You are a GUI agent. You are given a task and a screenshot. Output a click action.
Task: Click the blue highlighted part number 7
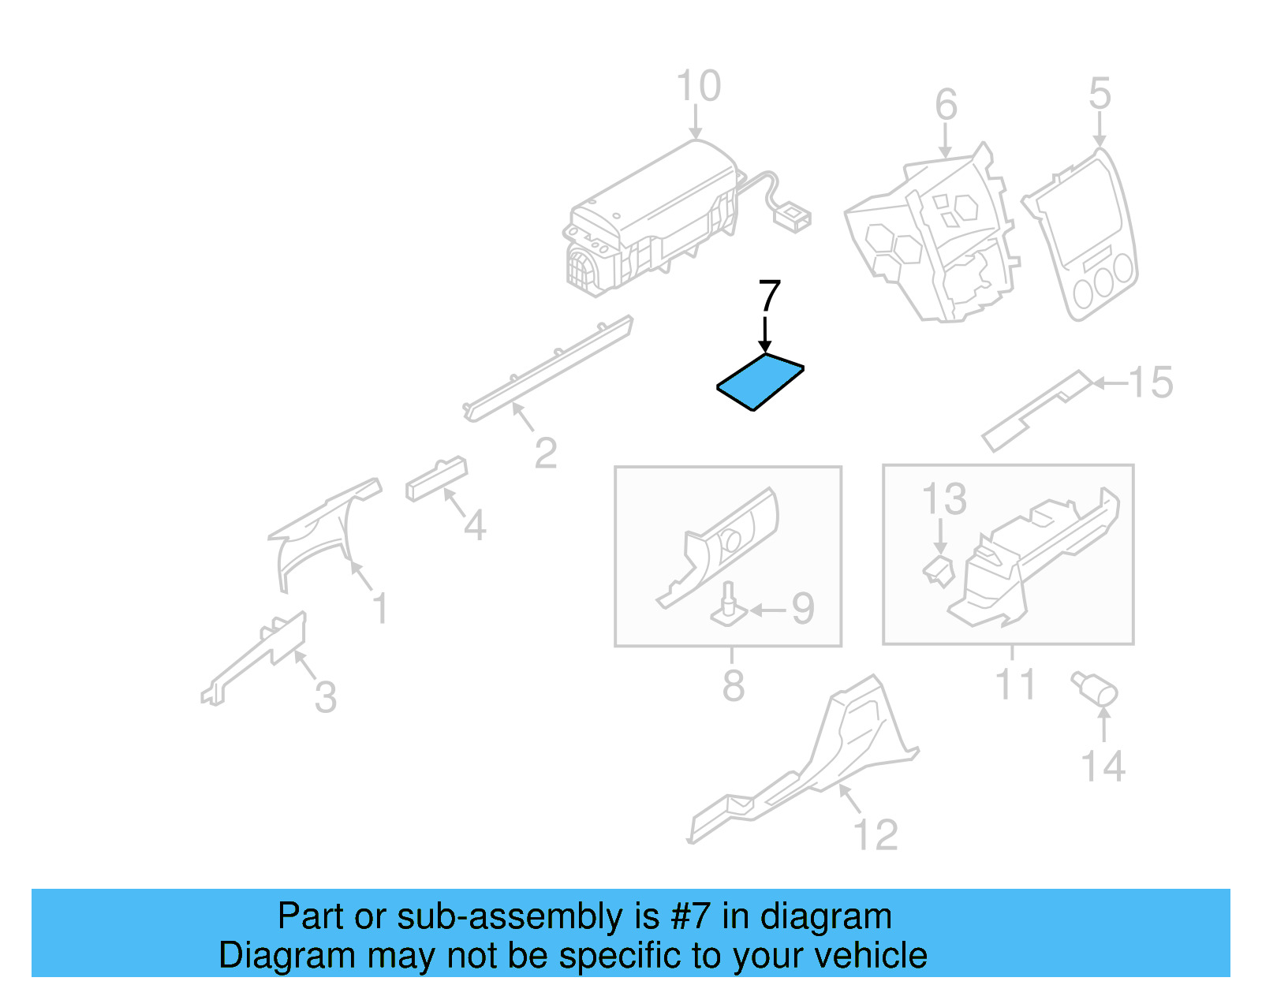click(760, 382)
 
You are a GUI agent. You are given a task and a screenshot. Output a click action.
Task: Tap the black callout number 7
click(769, 297)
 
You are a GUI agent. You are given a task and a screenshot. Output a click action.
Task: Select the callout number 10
click(698, 86)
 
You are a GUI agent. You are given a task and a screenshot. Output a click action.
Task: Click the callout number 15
click(1151, 382)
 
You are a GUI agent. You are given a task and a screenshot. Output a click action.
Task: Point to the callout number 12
click(876, 834)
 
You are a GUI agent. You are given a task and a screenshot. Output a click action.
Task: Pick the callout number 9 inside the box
click(802, 609)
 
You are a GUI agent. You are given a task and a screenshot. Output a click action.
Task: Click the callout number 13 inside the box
click(944, 498)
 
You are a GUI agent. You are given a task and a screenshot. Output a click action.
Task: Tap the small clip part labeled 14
click(1095, 688)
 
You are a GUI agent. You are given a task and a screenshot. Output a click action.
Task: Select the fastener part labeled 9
click(730, 607)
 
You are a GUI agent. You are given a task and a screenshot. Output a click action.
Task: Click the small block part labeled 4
click(435, 478)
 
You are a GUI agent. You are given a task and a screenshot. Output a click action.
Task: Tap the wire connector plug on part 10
click(793, 218)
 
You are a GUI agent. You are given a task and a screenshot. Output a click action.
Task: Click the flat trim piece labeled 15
click(1033, 410)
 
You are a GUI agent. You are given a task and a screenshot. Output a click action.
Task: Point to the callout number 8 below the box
click(733, 685)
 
